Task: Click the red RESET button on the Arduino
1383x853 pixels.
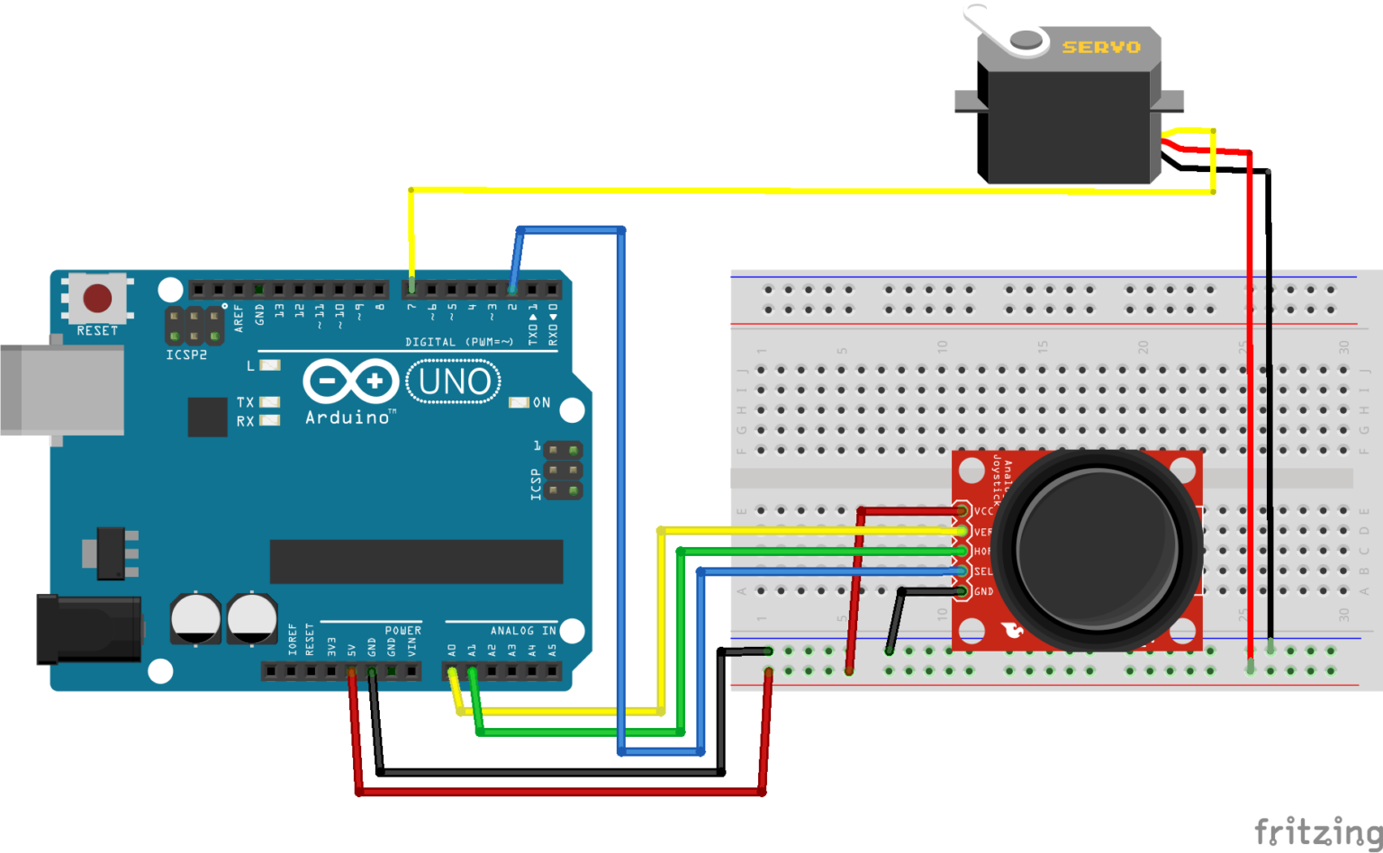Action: pyautogui.click(x=97, y=298)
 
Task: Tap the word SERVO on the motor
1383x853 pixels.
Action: pyautogui.click(x=1100, y=47)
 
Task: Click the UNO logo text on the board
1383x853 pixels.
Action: pyautogui.click(x=455, y=382)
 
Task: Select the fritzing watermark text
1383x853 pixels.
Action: pyautogui.click(x=1317, y=831)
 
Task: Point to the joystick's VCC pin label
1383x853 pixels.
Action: pyautogui.click(x=982, y=511)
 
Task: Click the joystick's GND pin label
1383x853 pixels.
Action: pyautogui.click(x=983, y=591)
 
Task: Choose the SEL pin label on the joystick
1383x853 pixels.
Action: pyautogui.click(x=982, y=571)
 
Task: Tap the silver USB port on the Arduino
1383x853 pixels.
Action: pyautogui.click(x=61, y=390)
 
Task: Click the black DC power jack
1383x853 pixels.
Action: pyautogui.click(x=87, y=629)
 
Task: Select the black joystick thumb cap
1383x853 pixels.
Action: pyautogui.click(x=1097, y=548)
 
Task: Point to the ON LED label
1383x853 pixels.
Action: pyautogui.click(x=541, y=402)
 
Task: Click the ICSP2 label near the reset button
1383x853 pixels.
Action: pyautogui.click(x=186, y=355)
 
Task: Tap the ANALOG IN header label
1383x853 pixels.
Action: pyautogui.click(x=522, y=631)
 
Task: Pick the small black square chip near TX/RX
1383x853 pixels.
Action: pyautogui.click(x=207, y=417)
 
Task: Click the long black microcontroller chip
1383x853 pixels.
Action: pyautogui.click(x=416, y=561)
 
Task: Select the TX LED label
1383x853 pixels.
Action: pyautogui.click(x=245, y=402)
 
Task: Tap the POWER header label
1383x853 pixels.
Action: pyautogui.click(x=402, y=631)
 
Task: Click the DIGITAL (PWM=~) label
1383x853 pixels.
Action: pyautogui.click(x=458, y=342)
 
